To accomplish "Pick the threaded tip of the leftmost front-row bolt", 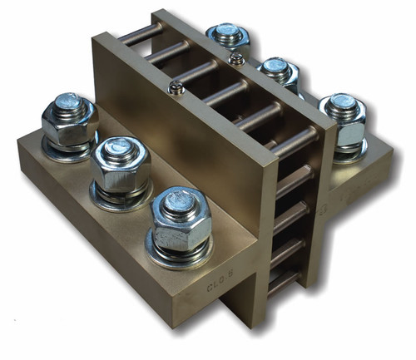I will click(x=69, y=105).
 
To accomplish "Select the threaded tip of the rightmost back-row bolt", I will click(x=340, y=102).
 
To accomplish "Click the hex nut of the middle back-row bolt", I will click(x=280, y=76).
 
